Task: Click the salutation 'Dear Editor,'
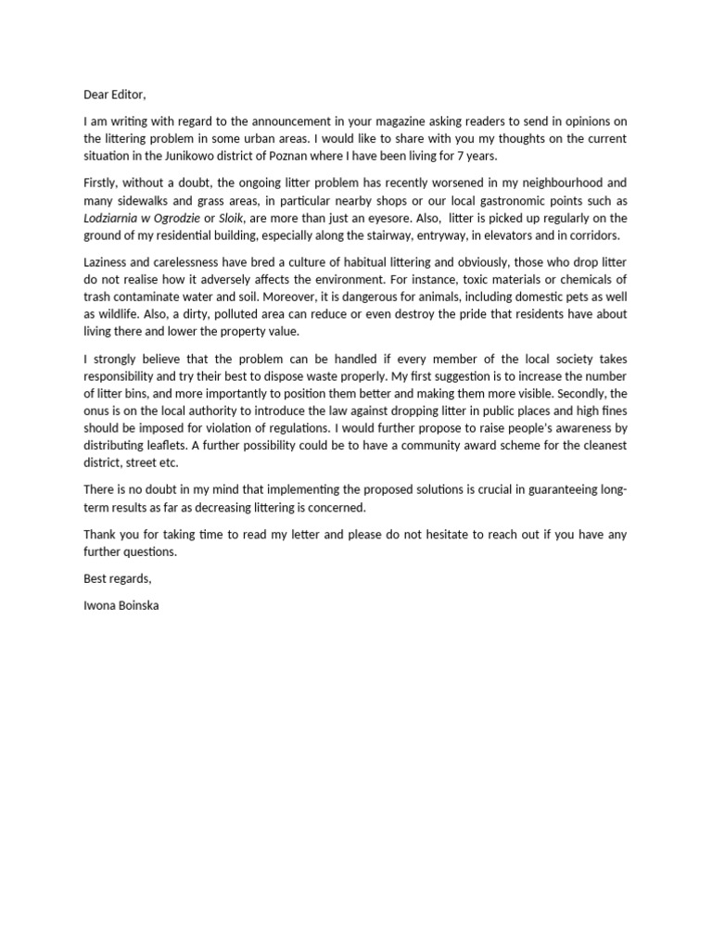pos(115,95)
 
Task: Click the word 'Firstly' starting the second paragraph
pos(102,183)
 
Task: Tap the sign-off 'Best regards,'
pos(117,578)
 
